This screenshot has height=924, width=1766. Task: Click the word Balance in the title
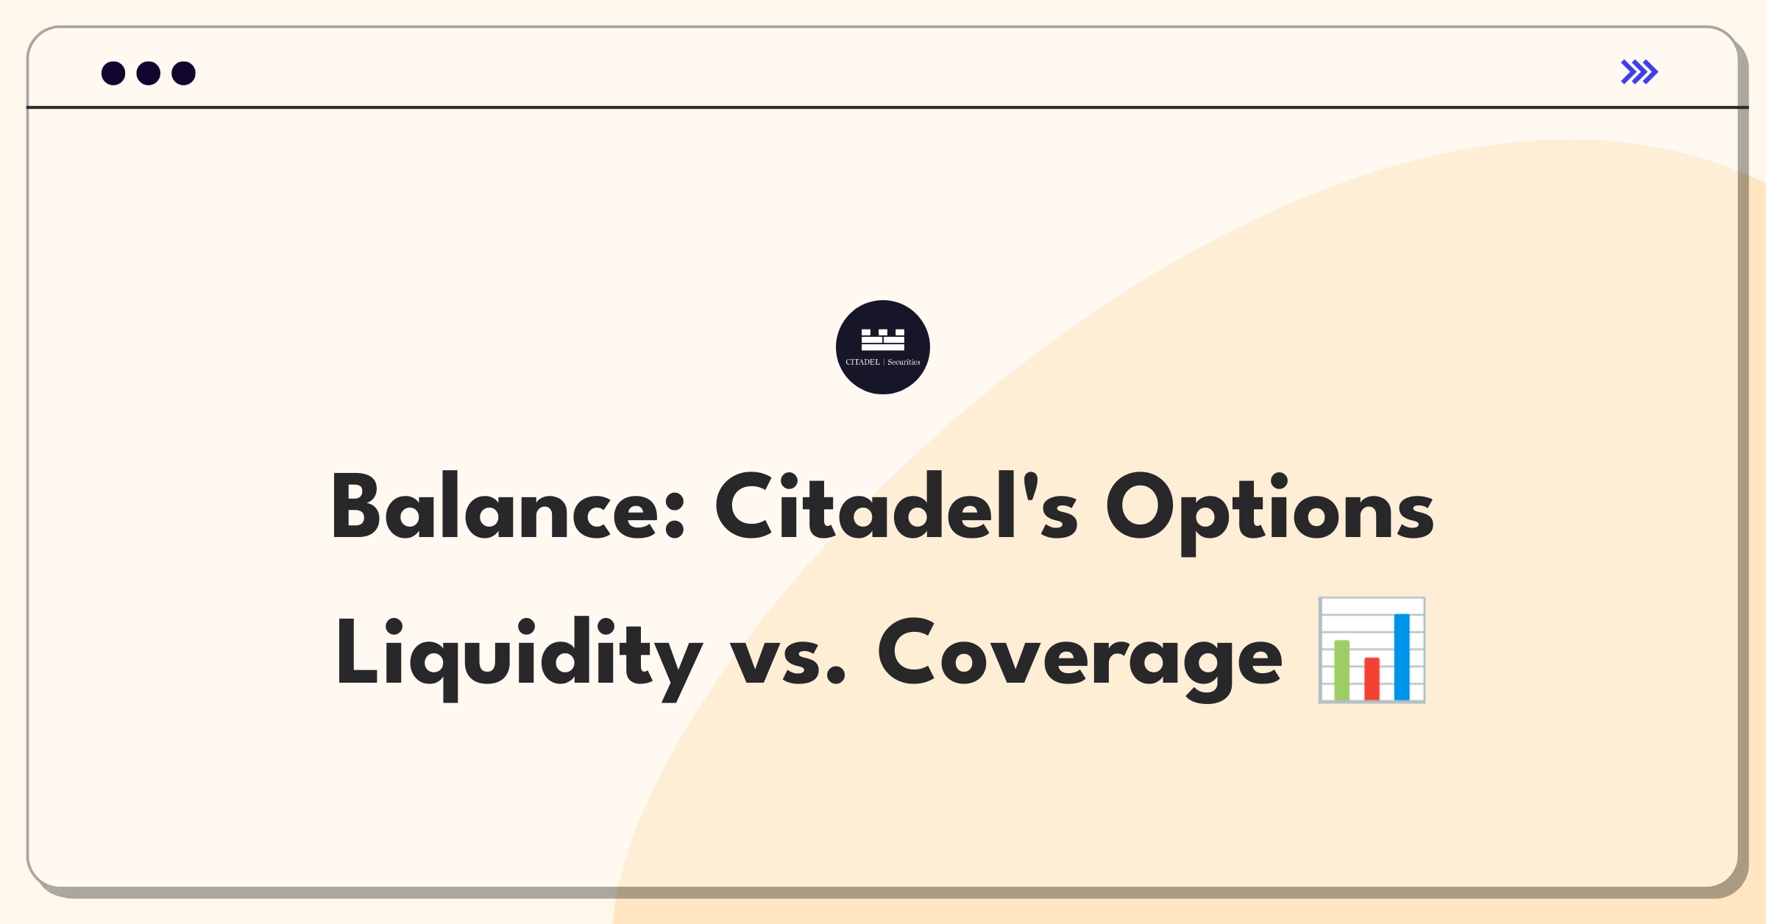(493, 508)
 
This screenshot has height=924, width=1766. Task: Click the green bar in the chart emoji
(1341, 669)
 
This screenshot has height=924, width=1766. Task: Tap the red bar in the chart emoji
(1372, 678)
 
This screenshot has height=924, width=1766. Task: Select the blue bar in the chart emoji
(1402, 656)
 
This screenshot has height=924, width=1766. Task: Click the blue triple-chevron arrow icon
(1639, 72)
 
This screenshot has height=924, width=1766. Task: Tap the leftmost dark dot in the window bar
(113, 74)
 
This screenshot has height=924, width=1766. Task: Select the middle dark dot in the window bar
(149, 74)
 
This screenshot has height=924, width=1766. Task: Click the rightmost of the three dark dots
(183, 74)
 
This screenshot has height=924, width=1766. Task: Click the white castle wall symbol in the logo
(882, 340)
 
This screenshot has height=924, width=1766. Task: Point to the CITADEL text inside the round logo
(862, 362)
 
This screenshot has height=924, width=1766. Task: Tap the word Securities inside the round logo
(904, 362)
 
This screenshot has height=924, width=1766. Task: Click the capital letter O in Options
(1141, 508)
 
